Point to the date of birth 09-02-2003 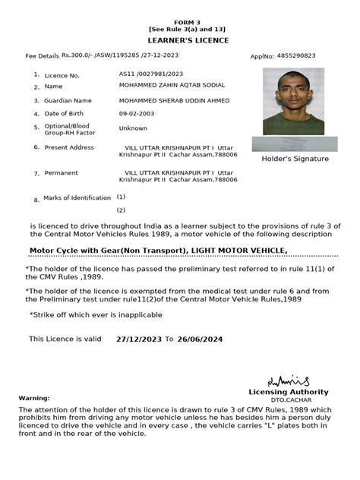(x=137, y=114)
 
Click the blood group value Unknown (x=133, y=128)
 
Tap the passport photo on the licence (x=293, y=102)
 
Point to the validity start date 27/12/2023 (x=138, y=339)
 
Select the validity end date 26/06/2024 (x=201, y=339)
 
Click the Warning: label (x=34, y=397)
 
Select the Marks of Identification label (x=77, y=197)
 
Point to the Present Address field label (x=69, y=147)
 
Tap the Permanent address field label (x=61, y=173)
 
